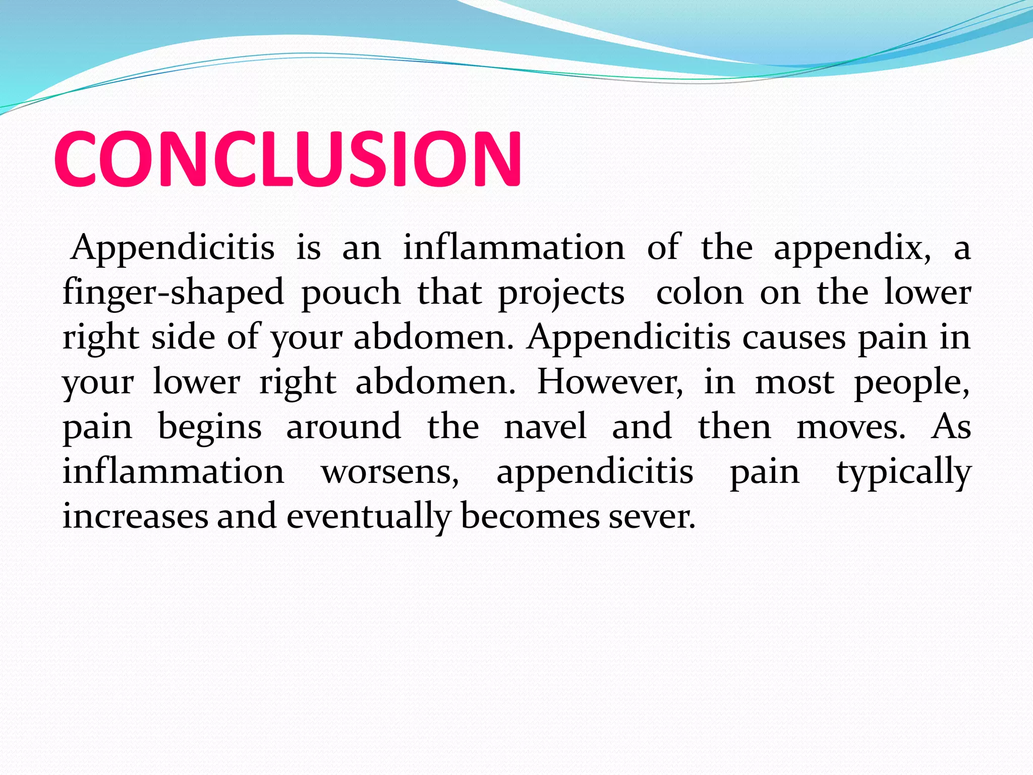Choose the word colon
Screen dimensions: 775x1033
point(700,293)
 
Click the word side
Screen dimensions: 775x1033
point(183,337)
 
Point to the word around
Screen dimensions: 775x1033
point(343,426)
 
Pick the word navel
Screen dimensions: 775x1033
point(545,426)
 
